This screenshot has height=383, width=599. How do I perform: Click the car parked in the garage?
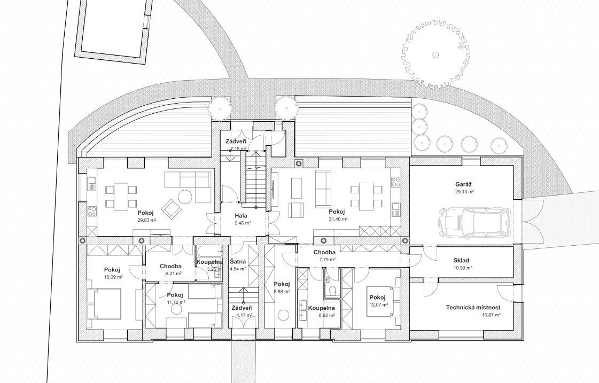click(475, 222)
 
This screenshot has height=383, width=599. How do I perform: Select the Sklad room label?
click(461, 261)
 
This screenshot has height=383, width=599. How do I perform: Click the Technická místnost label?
click(473, 307)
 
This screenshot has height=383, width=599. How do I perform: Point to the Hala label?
click(241, 216)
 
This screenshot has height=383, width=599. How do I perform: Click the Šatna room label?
click(238, 262)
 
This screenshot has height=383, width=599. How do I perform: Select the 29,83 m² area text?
click(147, 220)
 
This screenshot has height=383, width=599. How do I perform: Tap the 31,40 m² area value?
click(338, 219)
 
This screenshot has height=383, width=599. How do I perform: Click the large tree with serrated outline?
click(435, 54)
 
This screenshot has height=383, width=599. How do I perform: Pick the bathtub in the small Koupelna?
click(209, 251)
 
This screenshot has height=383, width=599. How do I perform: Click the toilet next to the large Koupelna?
click(332, 290)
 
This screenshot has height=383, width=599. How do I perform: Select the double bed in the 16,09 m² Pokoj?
click(104, 303)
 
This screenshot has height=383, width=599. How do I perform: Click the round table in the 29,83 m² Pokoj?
click(186, 196)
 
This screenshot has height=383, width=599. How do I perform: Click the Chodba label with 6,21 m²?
click(170, 266)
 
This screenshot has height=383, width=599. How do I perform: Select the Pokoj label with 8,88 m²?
click(282, 284)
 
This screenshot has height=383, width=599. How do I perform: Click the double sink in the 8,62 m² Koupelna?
click(304, 310)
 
